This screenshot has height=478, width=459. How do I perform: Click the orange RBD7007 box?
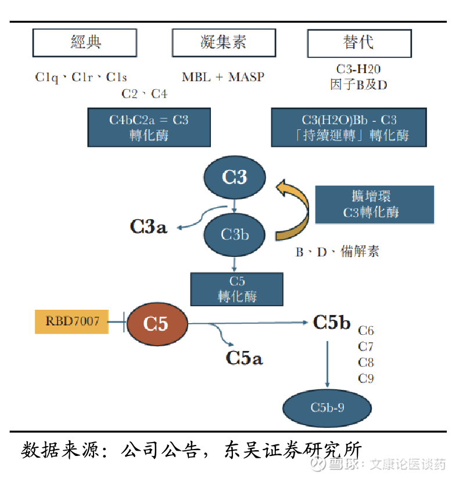tap(72, 321)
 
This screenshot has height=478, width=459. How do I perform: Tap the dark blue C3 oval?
tap(234, 177)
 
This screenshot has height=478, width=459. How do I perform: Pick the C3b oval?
tap(234, 234)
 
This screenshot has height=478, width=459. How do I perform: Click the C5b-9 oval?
tap(327, 407)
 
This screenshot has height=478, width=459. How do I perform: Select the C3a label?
tap(148, 226)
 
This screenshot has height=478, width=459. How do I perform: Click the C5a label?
tap(244, 358)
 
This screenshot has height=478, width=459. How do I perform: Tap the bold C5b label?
tap(331, 323)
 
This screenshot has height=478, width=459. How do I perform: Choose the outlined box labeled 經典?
tap(85, 43)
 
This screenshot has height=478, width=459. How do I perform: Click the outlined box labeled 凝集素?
tap(223, 43)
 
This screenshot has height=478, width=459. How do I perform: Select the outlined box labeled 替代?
tap(359, 43)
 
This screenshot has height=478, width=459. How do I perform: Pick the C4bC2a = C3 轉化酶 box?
tap(149, 127)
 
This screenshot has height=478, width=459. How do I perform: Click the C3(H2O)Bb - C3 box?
tap(349, 127)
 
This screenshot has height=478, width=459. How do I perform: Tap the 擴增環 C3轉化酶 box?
tap(374, 204)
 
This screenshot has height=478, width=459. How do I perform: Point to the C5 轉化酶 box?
tap(236, 288)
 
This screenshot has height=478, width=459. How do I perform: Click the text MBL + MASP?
tap(223, 77)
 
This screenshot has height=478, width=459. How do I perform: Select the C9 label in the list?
tap(366, 379)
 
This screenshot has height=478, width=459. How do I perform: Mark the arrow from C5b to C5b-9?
tap(328, 363)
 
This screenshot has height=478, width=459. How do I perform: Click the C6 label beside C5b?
tap(366, 331)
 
